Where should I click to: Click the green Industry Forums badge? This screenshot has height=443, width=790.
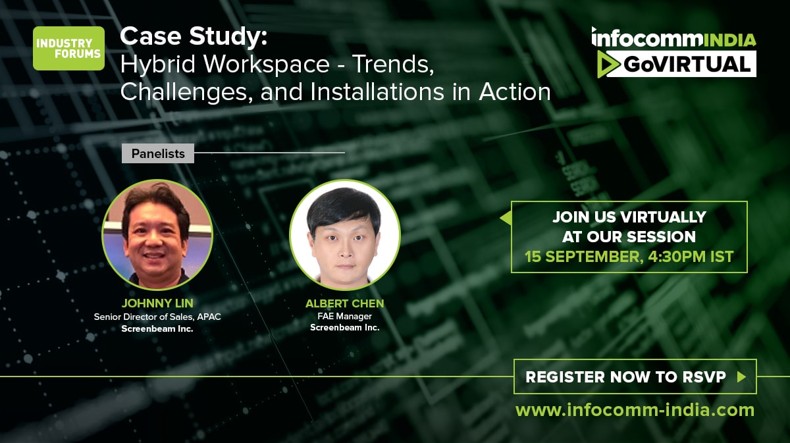pyautogui.click(x=68, y=48)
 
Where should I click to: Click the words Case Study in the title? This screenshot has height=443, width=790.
pyautogui.click(x=194, y=37)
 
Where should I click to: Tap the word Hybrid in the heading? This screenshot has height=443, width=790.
pyautogui.click(x=157, y=65)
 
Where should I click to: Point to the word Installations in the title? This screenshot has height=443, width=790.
pyautogui.click(x=377, y=91)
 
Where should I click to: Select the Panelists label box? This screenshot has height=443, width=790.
pyautogui.click(x=157, y=153)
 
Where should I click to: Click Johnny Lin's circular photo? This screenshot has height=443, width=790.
pyautogui.click(x=157, y=234)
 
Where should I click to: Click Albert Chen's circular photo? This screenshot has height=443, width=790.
pyautogui.click(x=344, y=234)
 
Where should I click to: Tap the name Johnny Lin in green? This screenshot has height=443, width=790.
pyautogui.click(x=157, y=303)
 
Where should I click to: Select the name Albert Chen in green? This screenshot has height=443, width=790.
pyautogui.click(x=344, y=303)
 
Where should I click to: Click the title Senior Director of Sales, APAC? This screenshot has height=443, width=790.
pyautogui.click(x=157, y=317)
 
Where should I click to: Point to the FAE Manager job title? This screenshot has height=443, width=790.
pyautogui.click(x=344, y=316)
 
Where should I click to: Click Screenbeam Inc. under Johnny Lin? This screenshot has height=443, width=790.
pyautogui.click(x=157, y=328)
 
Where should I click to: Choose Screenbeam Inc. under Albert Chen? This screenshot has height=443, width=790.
pyautogui.click(x=344, y=327)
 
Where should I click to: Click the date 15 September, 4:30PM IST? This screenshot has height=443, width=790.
pyautogui.click(x=629, y=257)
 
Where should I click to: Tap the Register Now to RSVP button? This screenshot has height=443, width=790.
pyautogui.click(x=635, y=377)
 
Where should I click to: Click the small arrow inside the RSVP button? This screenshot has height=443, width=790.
pyautogui.click(x=741, y=377)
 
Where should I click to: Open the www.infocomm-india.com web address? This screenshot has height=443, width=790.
pyautogui.click(x=635, y=410)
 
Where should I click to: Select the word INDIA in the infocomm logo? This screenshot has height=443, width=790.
pyautogui.click(x=729, y=40)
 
